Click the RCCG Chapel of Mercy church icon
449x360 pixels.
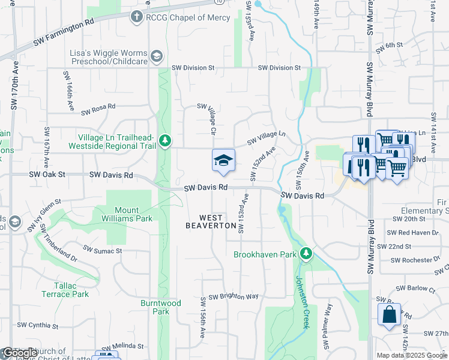tap(137, 17)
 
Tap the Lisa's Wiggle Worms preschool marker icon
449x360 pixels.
tap(156, 56)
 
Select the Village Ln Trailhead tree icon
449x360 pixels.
tap(165, 142)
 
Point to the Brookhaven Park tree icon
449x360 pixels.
tap(306, 254)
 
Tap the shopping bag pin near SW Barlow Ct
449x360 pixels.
tap(389, 314)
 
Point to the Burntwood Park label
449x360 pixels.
tap(161, 307)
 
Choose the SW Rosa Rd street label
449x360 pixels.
tap(98, 109)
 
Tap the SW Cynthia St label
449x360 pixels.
tap(37, 326)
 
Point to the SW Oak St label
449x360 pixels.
tap(46, 175)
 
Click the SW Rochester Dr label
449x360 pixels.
tap(415, 260)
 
